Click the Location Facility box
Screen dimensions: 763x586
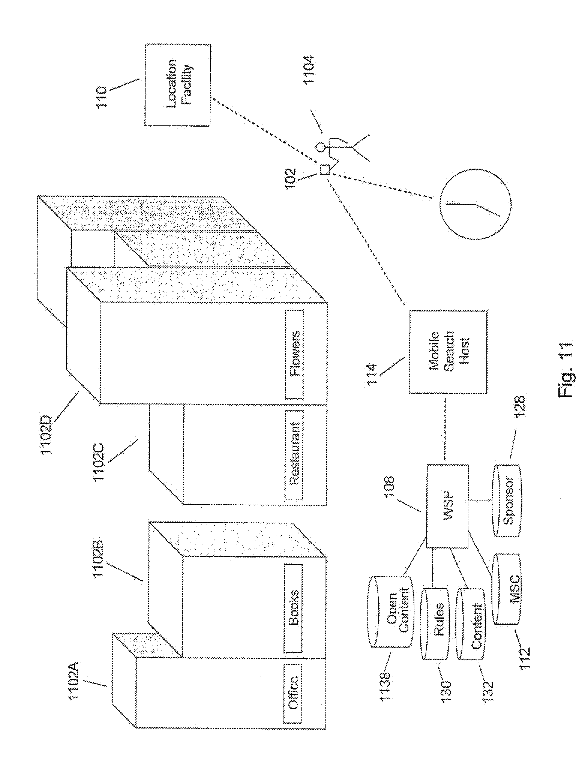pos(178,85)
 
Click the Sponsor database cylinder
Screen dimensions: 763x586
pos(507,500)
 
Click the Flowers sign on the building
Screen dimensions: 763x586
pos(294,354)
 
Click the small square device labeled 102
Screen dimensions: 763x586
pos(324,170)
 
